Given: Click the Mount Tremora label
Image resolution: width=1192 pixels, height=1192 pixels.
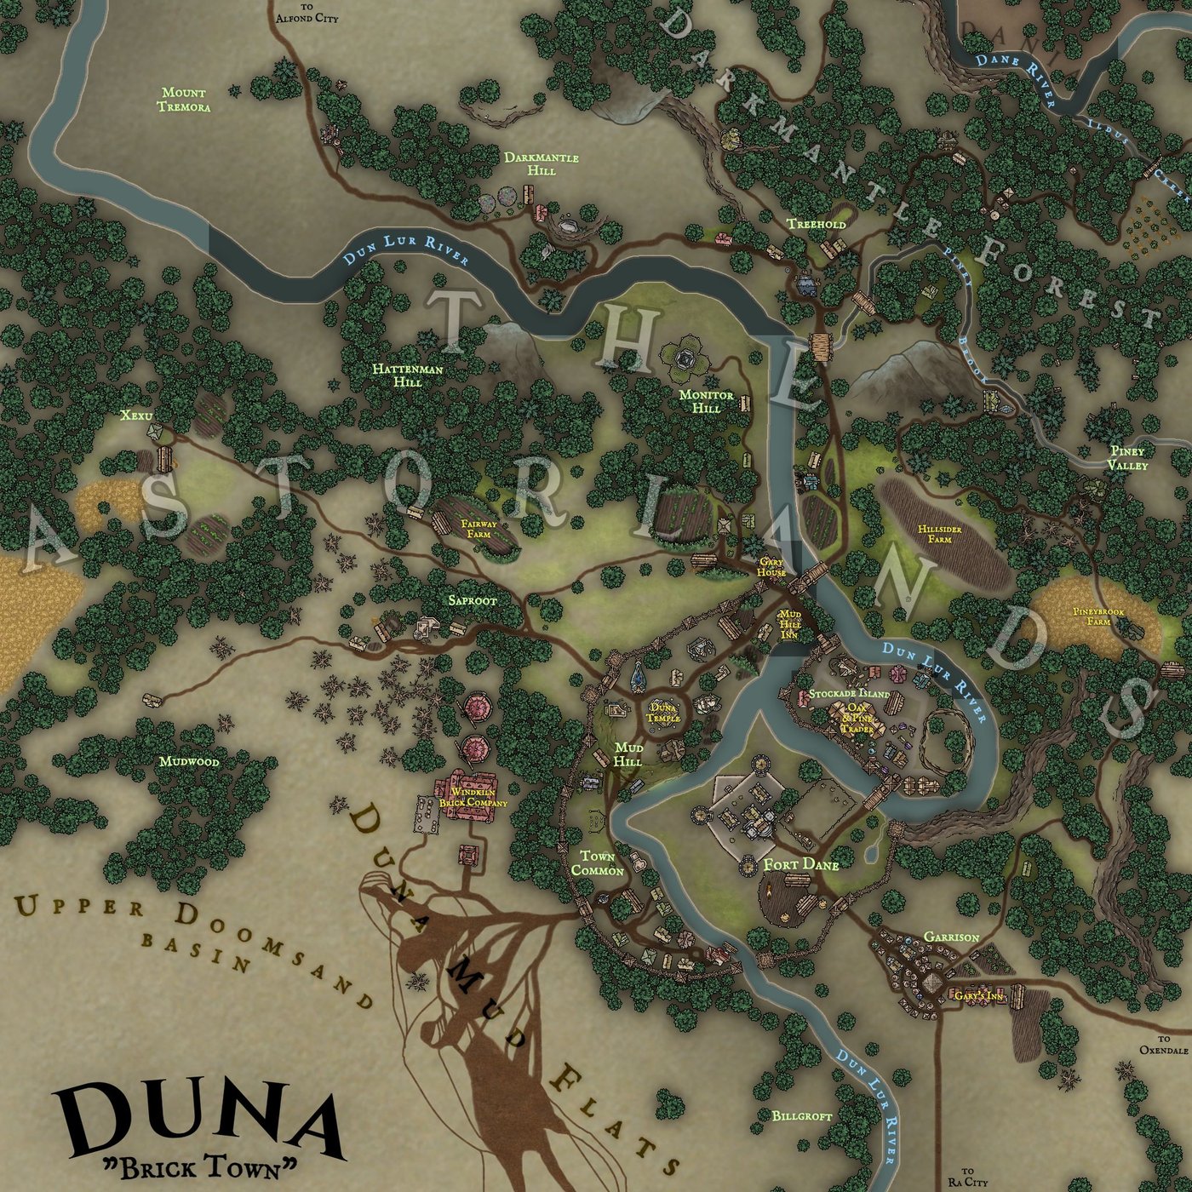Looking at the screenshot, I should (x=183, y=100).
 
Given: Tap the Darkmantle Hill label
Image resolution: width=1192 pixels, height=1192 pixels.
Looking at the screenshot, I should (x=541, y=163).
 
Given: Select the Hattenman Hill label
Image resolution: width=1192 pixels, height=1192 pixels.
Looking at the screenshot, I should (x=408, y=375).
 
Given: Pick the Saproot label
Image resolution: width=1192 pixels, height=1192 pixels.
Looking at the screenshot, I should (x=473, y=600).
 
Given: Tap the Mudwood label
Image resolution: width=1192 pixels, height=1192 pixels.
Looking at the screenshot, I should (x=189, y=761).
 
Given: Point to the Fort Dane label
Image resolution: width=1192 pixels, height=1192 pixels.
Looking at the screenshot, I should (x=800, y=865).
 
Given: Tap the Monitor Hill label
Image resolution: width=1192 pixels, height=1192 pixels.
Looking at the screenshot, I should (x=706, y=401).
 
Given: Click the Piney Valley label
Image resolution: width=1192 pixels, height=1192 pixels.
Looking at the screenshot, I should (x=1126, y=458).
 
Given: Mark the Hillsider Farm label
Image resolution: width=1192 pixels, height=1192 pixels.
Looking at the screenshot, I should (x=940, y=534).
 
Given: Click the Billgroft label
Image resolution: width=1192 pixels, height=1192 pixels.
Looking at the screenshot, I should (x=802, y=1115).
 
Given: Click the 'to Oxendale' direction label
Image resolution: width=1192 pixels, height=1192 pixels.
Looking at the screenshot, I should (x=1163, y=1045).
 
